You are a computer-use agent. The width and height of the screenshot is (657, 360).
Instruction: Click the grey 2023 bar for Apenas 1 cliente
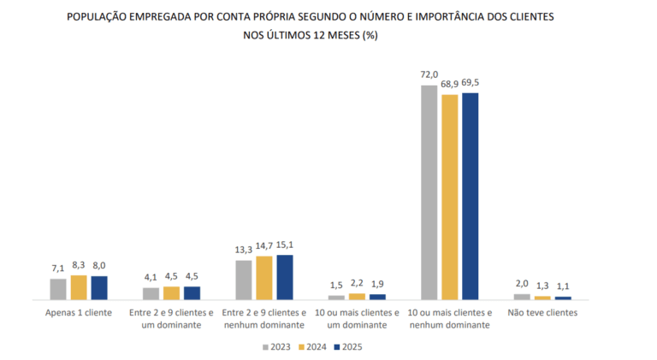click(58, 289)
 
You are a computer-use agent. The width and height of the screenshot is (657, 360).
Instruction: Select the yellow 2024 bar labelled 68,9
click(450, 198)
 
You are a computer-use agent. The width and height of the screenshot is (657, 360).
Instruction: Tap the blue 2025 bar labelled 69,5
click(471, 197)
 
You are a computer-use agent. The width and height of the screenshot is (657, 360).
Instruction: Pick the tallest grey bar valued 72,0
click(429, 192)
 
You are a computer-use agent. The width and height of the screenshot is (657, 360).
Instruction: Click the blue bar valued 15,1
click(285, 277)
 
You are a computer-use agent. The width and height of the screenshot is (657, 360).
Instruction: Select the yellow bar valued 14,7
click(264, 278)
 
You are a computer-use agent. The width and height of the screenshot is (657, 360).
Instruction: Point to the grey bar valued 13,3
click(244, 280)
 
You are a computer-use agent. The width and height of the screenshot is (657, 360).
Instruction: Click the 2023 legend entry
click(276, 347)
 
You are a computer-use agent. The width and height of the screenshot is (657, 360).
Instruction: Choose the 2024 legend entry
click(312, 347)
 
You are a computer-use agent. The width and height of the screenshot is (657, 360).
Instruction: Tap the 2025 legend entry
click(348, 347)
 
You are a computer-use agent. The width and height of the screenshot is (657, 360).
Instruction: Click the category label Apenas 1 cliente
click(79, 313)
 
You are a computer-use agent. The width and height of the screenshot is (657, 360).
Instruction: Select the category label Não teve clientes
click(542, 313)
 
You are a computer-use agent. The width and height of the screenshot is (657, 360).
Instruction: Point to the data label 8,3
click(79, 265)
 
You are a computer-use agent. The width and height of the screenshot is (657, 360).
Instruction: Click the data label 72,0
click(429, 74)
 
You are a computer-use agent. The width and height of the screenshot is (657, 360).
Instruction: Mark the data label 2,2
click(357, 283)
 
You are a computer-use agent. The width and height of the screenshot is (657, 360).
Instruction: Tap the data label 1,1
click(563, 286)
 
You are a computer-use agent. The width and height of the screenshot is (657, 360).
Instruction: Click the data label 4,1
click(151, 278)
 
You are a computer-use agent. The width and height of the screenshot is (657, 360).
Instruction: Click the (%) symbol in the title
click(370, 35)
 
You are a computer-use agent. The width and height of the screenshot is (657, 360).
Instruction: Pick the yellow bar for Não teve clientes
click(542, 298)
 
